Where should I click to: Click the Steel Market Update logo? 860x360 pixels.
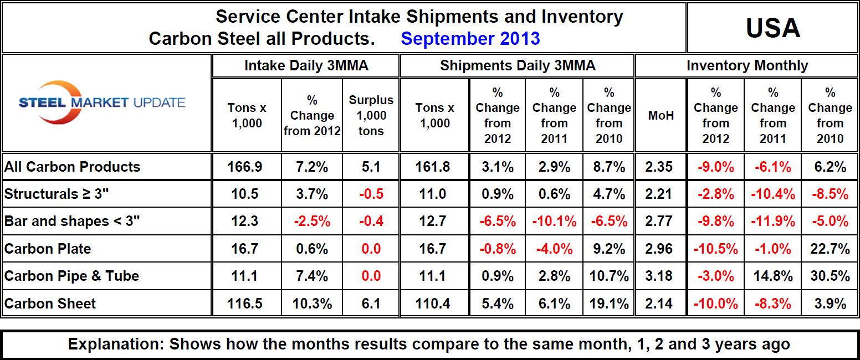[x=103, y=102]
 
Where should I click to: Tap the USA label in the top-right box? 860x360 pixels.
[x=772, y=28]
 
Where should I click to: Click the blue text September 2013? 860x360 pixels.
[x=470, y=39]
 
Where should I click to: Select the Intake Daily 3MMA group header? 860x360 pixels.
[x=306, y=66]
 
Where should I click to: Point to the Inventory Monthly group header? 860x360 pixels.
[x=747, y=66]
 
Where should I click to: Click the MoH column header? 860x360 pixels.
[x=661, y=116]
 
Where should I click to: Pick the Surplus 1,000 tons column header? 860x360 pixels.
[x=371, y=116]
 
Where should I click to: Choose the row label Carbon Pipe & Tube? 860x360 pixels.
[x=71, y=276]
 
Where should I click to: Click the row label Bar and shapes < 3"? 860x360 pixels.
[x=72, y=221]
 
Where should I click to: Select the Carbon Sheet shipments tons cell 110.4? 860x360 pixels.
[x=434, y=304]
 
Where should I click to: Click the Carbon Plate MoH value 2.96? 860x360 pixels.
[x=661, y=249]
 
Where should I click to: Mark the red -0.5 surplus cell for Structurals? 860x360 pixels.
[x=371, y=194]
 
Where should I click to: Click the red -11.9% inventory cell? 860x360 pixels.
[x=772, y=221]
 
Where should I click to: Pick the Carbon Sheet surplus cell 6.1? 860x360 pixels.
[x=371, y=304]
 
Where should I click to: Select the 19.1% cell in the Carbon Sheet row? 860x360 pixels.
[x=608, y=304]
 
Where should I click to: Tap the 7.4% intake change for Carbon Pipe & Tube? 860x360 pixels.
[x=312, y=276]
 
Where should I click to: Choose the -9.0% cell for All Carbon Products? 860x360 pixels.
[x=715, y=167]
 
